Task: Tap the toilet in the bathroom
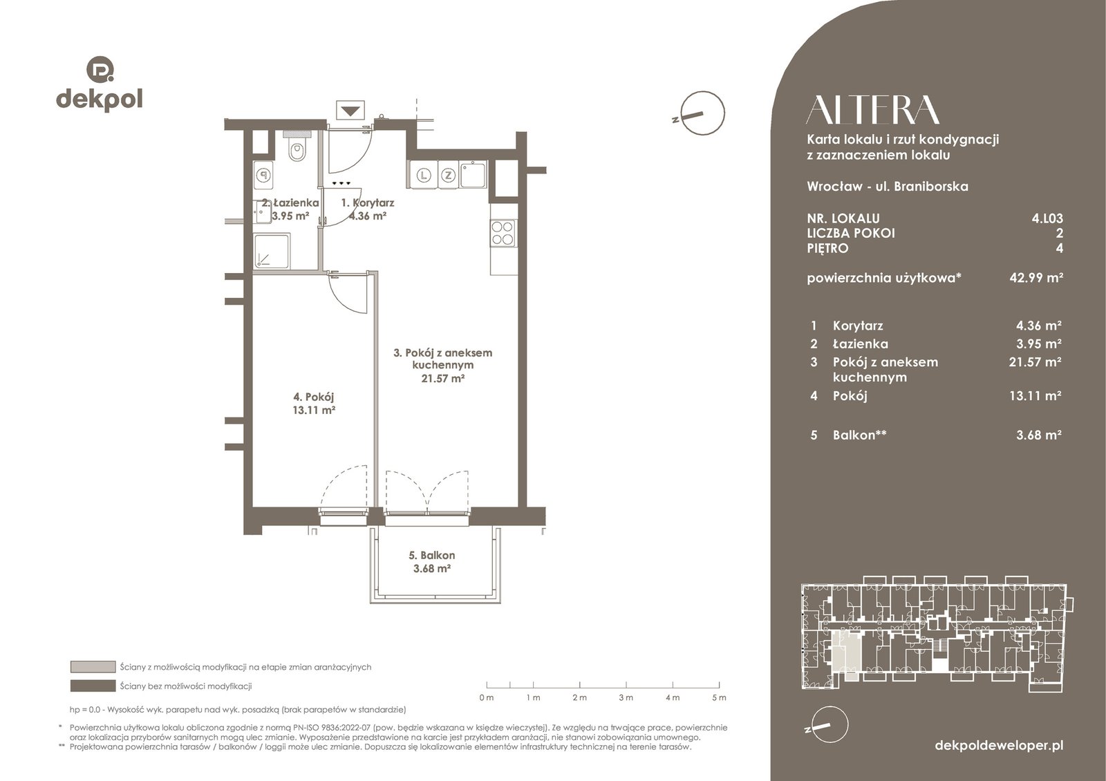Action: tap(297, 147)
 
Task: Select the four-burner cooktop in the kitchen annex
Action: tap(503, 234)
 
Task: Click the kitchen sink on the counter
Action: tap(473, 174)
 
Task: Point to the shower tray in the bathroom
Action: tap(271, 252)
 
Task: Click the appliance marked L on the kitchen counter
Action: tap(424, 175)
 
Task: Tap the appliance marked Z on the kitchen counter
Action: tap(448, 175)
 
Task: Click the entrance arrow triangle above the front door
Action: tap(350, 111)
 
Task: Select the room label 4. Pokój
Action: tap(314, 397)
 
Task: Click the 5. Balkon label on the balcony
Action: tap(431, 556)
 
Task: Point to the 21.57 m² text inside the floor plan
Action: tap(442, 379)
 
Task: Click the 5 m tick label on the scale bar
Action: tap(720, 697)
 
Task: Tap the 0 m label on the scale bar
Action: tap(487, 697)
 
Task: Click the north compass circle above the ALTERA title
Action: tap(702, 113)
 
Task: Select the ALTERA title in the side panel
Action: tap(872, 110)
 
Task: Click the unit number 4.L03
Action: tap(1047, 218)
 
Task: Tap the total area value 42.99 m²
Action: tap(1036, 277)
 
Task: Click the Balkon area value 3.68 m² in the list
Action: tap(1039, 435)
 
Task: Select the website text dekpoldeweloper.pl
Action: tap(1000, 746)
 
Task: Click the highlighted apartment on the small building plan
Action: tap(845, 656)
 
